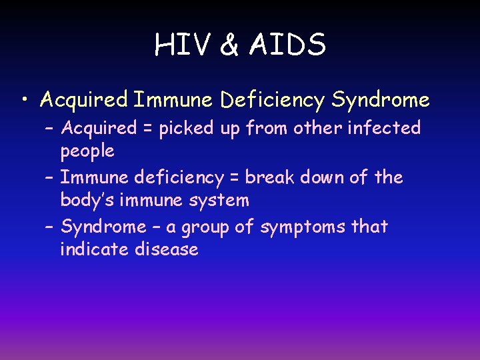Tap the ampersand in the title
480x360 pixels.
(229, 45)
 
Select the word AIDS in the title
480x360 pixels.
(289, 45)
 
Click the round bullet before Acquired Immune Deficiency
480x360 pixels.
(25, 101)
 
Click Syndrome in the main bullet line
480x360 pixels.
(381, 100)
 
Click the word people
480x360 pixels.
(87, 151)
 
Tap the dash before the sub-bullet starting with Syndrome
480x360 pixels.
(51, 227)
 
